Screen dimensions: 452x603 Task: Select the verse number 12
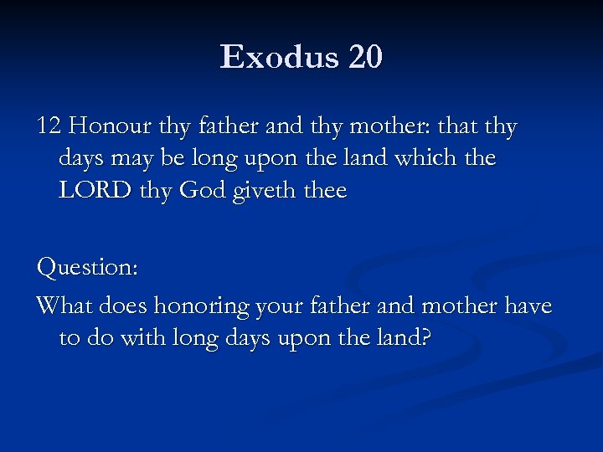(x=49, y=127)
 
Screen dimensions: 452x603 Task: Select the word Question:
(x=87, y=269)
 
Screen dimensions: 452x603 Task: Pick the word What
(x=65, y=306)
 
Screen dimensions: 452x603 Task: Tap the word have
(x=527, y=306)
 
